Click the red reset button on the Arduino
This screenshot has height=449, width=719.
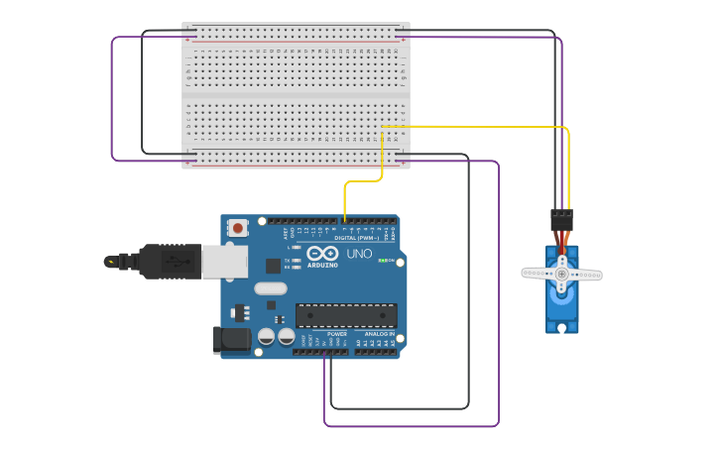(238, 228)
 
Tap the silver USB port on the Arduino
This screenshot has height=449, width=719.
(224, 262)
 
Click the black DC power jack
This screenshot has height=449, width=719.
(232, 340)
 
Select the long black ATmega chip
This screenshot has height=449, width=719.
(346, 316)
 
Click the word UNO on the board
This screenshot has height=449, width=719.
(360, 254)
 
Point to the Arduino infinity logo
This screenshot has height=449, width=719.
(321, 254)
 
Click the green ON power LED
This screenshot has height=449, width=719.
(384, 261)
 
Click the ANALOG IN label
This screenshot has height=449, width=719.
(377, 334)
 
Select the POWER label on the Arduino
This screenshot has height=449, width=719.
(337, 334)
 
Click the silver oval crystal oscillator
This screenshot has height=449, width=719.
(270, 288)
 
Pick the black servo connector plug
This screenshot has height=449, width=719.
(561, 220)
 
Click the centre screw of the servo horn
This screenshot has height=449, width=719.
(561, 273)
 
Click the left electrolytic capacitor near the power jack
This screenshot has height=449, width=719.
(266, 337)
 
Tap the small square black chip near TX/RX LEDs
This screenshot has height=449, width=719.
(273, 266)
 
